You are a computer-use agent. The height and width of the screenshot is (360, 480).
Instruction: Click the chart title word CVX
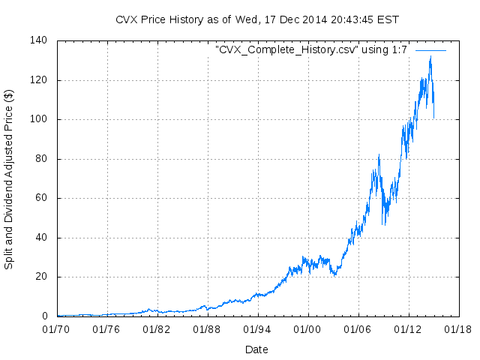click(127, 19)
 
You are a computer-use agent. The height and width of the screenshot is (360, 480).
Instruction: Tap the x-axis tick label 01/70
click(56, 328)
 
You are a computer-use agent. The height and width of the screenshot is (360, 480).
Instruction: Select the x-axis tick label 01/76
click(106, 328)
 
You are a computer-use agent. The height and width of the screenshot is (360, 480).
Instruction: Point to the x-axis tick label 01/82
click(157, 328)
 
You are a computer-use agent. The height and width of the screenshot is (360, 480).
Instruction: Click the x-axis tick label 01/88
click(207, 328)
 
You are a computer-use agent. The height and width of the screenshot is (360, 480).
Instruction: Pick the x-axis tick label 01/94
click(257, 328)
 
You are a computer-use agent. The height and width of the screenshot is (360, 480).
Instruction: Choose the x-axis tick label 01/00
click(307, 328)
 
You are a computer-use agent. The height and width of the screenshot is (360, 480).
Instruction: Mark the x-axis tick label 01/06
click(358, 328)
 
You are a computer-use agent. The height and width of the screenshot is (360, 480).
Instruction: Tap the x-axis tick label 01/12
click(408, 328)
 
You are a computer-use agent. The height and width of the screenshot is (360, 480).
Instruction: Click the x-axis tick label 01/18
click(458, 328)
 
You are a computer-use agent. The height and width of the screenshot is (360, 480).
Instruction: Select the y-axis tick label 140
click(39, 40)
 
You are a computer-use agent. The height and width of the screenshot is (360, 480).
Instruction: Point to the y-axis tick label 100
click(39, 119)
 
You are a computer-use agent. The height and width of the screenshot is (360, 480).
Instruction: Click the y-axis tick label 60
click(42, 198)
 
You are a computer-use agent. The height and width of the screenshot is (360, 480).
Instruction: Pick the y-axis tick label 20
click(42, 277)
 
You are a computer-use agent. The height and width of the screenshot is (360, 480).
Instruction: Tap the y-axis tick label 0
click(45, 316)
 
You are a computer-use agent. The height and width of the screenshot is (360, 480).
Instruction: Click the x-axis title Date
click(256, 349)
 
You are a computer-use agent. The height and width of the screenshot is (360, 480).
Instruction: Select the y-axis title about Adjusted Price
click(9, 180)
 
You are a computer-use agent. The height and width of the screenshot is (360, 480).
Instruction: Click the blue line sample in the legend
click(430, 50)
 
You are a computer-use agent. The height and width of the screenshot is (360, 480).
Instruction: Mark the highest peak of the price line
click(430, 55)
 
